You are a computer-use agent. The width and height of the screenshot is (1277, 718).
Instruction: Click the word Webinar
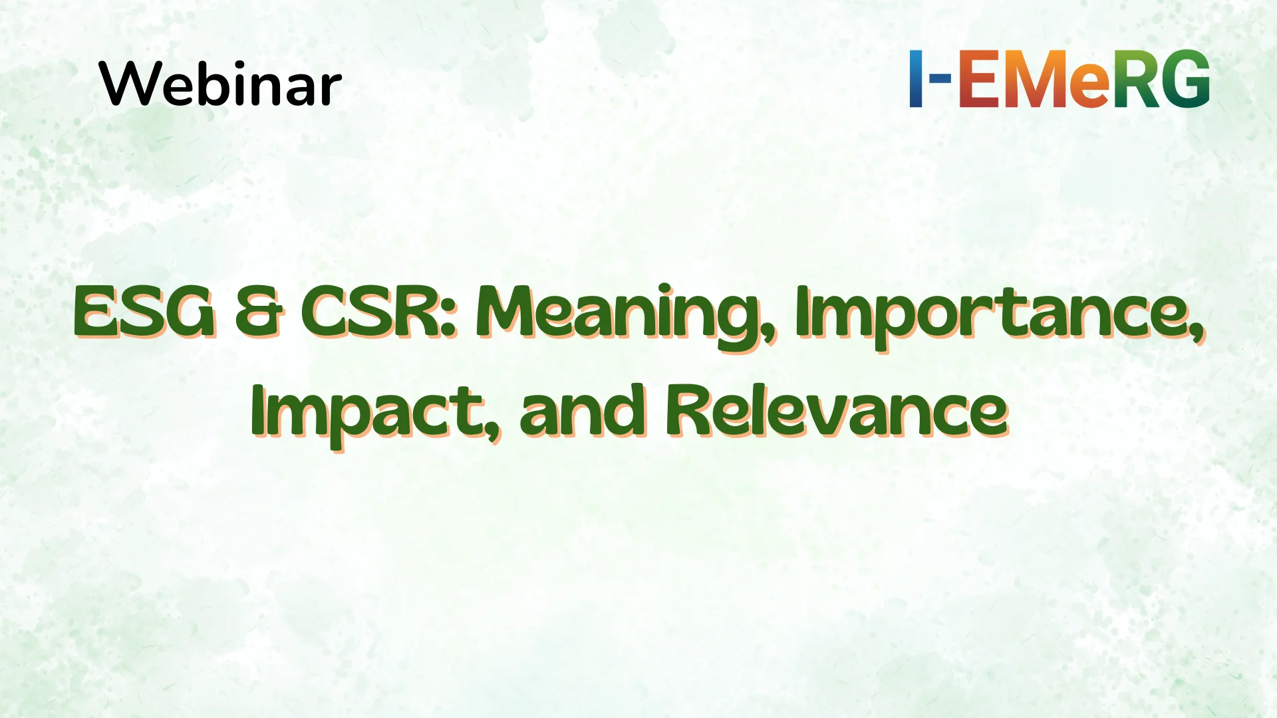pos(220,84)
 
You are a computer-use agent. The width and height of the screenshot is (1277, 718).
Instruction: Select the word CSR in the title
pos(369,312)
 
